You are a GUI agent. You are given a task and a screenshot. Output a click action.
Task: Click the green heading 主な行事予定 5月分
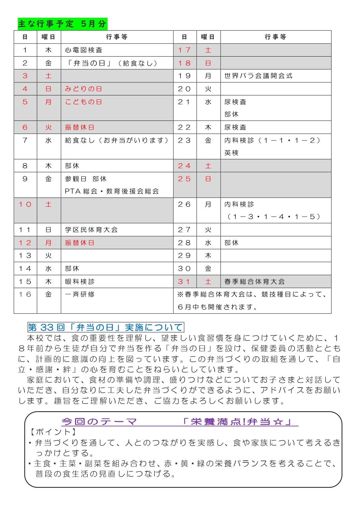point(62,24)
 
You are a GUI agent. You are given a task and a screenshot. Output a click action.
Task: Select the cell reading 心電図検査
point(83,50)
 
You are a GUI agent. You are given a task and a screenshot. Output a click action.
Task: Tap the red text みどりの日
point(83,89)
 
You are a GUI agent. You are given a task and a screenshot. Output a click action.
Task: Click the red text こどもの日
point(83,102)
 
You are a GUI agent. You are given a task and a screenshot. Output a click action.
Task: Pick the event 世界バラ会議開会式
point(258,76)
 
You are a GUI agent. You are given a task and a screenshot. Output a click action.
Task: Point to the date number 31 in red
point(184,282)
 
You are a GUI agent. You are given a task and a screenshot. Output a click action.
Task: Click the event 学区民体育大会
point(91,230)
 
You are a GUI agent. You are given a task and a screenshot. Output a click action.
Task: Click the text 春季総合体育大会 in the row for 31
point(255,282)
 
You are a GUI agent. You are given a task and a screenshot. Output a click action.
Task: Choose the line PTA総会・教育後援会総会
point(112,191)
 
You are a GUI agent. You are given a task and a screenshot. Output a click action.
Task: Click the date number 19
point(184,76)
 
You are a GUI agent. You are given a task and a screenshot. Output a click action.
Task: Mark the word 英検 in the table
point(231,153)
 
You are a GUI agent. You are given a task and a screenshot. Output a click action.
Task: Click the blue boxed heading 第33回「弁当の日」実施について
point(105,327)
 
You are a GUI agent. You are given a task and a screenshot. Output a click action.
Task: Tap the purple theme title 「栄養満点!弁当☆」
point(238,422)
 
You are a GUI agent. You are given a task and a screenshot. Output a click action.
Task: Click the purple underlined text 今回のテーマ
point(99,422)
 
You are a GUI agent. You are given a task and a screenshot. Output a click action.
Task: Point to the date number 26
point(184,204)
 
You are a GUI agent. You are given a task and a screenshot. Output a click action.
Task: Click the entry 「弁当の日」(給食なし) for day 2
point(111,63)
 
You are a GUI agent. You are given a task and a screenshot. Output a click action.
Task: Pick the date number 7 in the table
point(25,140)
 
